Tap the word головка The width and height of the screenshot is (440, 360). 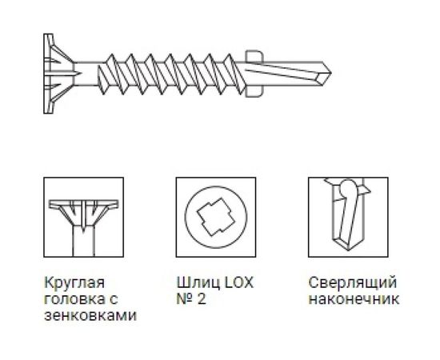69,299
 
